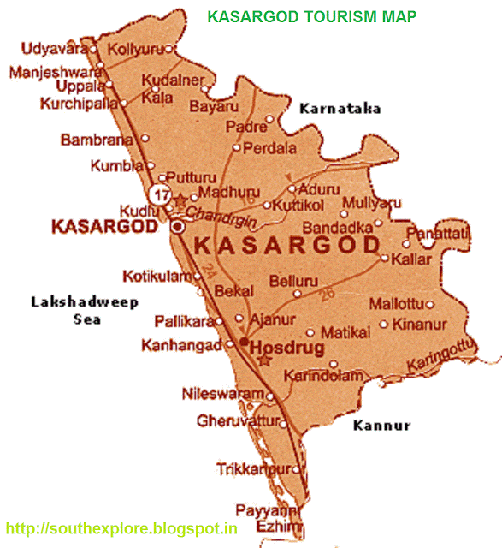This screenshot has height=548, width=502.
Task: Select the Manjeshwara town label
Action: point(50,72)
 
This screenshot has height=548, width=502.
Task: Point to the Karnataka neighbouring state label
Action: point(340,109)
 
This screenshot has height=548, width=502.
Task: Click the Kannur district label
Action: point(381,425)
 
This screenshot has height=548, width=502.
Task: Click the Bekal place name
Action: point(233,291)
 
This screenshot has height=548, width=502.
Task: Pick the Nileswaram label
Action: point(222,394)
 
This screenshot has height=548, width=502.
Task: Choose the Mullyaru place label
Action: point(371,203)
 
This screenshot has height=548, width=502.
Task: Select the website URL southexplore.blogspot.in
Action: point(121,527)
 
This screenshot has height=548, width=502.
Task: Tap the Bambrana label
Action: point(97,139)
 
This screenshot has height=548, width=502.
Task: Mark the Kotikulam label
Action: point(154,276)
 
